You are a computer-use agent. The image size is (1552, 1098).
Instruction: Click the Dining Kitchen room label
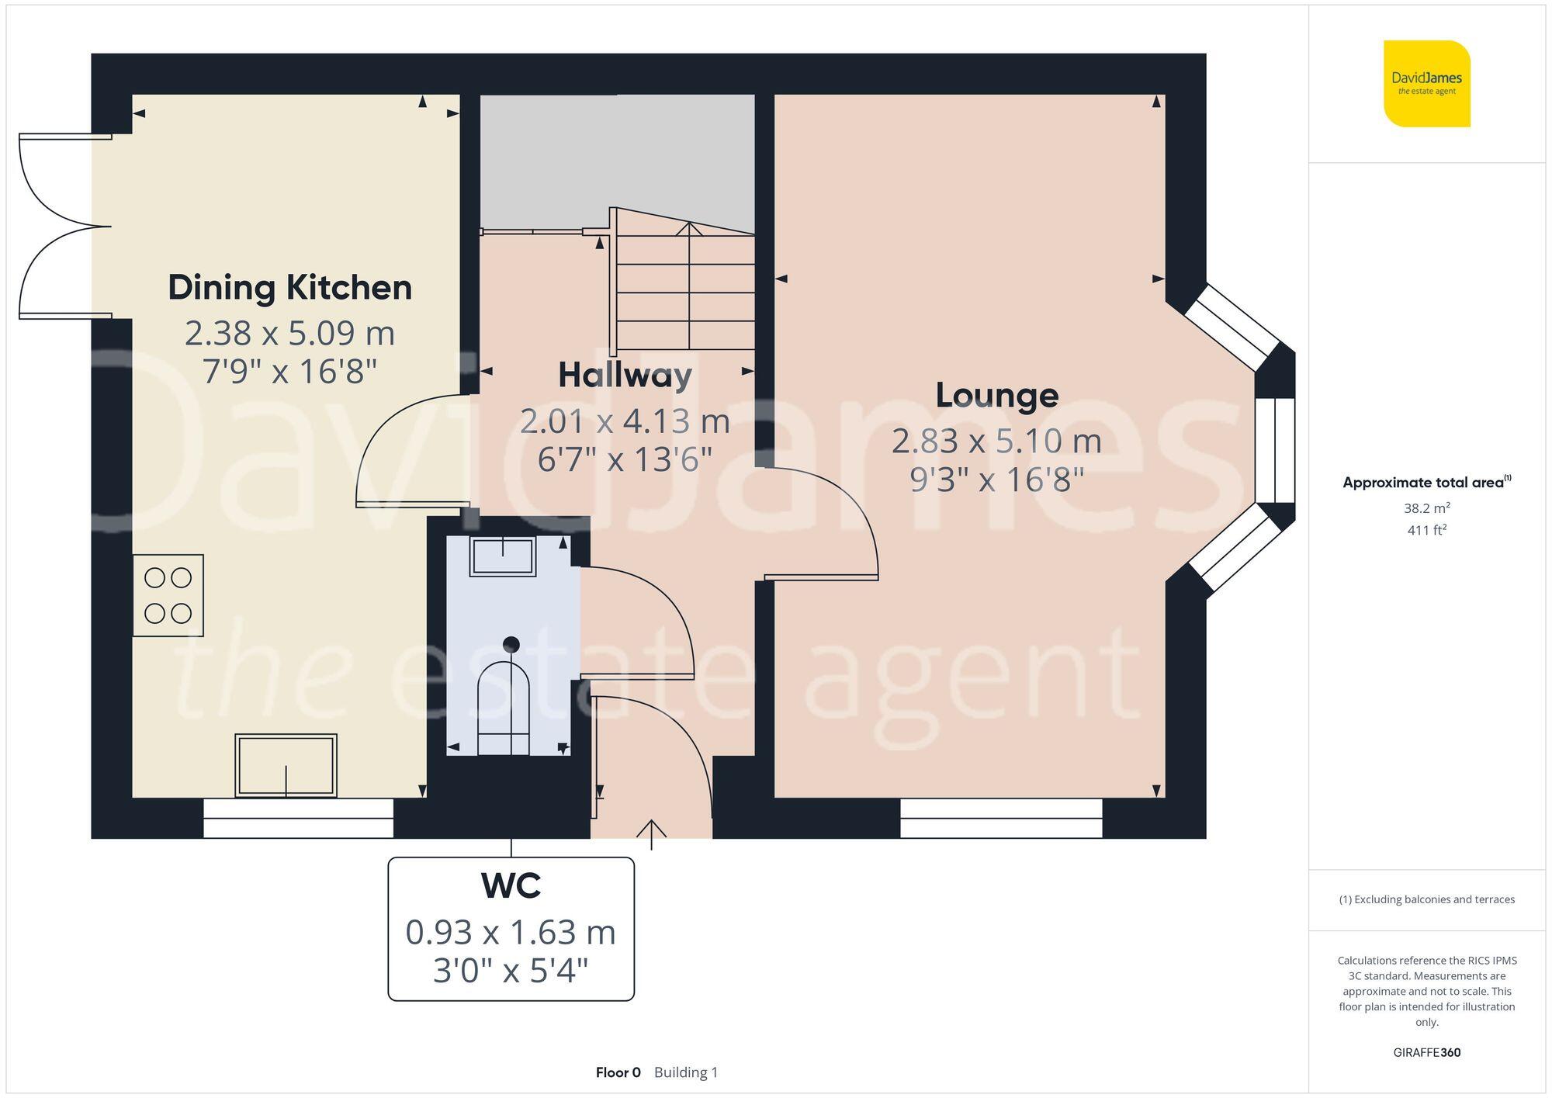click(x=289, y=288)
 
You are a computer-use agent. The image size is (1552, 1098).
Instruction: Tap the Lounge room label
click(x=996, y=396)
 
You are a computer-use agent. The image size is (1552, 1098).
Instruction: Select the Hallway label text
click(x=625, y=376)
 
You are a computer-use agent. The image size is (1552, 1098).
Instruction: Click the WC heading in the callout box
click(x=511, y=885)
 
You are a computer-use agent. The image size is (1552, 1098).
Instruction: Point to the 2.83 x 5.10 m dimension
click(x=996, y=442)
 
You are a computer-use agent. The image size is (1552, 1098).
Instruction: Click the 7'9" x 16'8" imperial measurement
click(x=289, y=372)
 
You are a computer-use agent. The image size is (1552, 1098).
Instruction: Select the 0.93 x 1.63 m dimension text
click(x=511, y=932)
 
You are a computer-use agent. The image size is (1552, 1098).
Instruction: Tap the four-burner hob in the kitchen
click(x=168, y=595)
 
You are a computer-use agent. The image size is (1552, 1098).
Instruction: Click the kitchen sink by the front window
click(x=286, y=765)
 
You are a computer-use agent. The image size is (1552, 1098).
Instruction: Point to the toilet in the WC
click(x=504, y=706)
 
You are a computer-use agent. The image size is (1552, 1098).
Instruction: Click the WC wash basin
click(x=503, y=556)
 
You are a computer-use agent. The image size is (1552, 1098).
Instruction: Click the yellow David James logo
click(x=1426, y=84)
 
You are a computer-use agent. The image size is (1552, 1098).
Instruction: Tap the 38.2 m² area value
click(x=1426, y=508)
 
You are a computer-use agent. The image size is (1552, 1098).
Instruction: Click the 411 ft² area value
click(x=1426, y=531)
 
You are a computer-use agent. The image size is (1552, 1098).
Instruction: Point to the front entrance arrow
click(x=651, y=833)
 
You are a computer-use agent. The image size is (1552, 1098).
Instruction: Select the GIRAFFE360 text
click(x=1426, y=1052)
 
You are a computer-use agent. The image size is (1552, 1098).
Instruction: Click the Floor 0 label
click(x=618, y=1072)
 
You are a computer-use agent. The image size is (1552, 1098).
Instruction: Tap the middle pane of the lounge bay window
click(x=1275, y=450)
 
